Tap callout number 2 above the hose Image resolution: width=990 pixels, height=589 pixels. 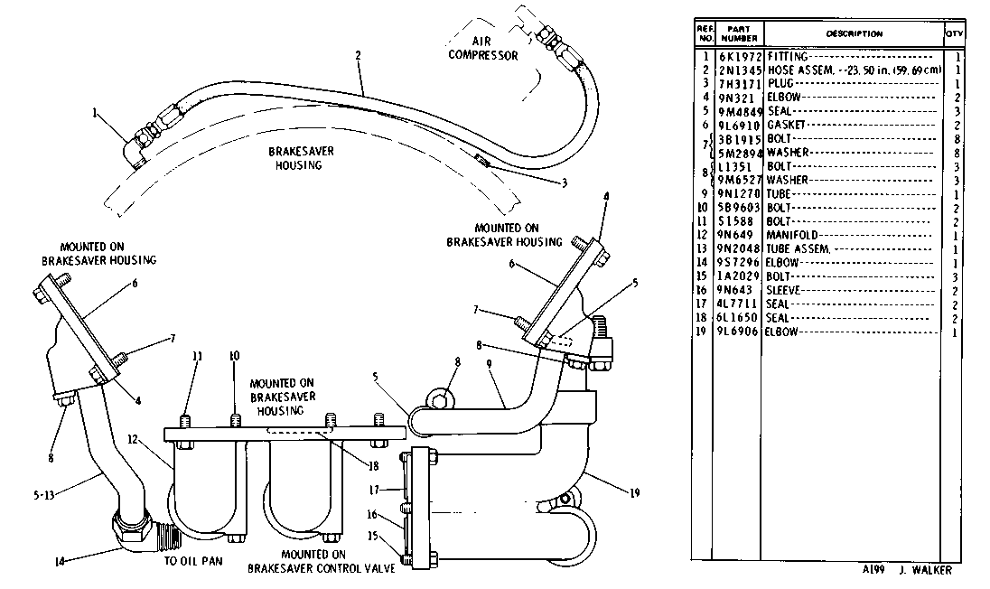click(x=358, y=55)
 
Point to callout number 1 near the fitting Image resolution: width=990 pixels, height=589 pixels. click(x=95, y=113)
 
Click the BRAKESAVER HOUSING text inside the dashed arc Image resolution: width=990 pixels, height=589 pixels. click(x=301, y=158)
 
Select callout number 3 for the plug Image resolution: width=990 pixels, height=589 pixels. click(x=565, y=183)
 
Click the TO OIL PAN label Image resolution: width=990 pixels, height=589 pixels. click(x=193, y=561)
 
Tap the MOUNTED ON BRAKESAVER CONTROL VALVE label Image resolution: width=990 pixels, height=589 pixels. click(x=321, y=561)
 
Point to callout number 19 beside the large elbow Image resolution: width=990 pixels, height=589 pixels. click(x=634, y=492)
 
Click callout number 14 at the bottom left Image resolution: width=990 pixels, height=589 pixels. click(x=60, y=561)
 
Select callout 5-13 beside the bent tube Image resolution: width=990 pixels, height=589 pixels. click(x=43, y=496)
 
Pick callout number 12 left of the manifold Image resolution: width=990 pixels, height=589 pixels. click(x=133, y=439)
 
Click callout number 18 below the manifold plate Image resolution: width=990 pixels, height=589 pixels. click(x=374, y=466)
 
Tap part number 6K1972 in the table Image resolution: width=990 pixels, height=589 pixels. click(x=740, y=57)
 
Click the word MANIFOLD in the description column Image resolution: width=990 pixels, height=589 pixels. click(x=792, y=236)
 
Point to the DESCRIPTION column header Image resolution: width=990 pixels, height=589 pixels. click(x=855, y=33)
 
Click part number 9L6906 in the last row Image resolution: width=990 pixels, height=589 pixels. click(x=737, y=332)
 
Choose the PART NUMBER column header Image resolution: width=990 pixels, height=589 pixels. click(x=738, y=33)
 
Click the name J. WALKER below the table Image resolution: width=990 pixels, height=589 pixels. click(x=925, y=570)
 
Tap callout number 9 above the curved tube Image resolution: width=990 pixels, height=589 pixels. click(x=490, y=364)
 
